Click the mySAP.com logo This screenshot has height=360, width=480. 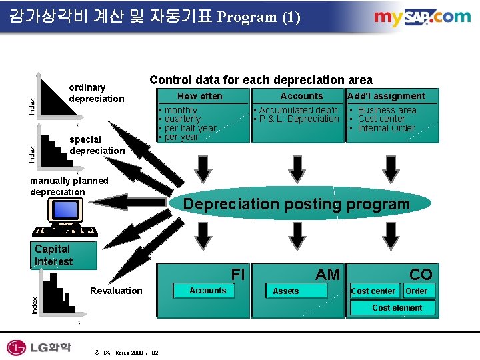(422, 18)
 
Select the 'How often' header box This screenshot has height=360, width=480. (200, 96)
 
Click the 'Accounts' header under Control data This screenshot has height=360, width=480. (301, 96)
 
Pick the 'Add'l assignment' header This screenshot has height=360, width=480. (387, 96)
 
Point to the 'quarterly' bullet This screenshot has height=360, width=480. (182, 119)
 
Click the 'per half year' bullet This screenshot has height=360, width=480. (190, 128)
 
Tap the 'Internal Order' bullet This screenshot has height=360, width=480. (386, 128)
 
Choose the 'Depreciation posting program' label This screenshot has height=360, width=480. (296, 204)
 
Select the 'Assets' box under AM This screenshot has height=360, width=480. (286, 291)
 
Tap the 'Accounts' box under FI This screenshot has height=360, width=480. (207, 290)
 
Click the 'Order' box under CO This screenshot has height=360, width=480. (417, 291)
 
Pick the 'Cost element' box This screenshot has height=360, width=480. (397, 307)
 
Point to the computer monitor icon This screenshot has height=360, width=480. (65, 211)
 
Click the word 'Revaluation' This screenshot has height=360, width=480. (116, 290)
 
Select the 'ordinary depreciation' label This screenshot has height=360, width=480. (96, 93)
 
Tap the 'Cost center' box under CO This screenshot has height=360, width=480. (373, 291)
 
